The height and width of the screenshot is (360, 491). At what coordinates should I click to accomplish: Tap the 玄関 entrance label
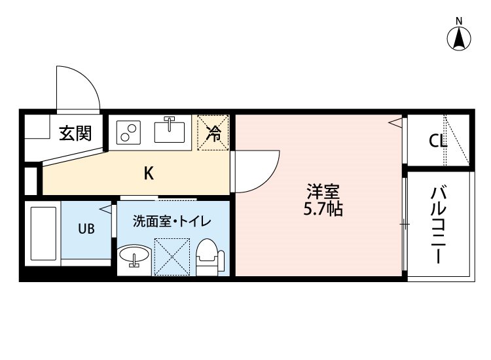75,133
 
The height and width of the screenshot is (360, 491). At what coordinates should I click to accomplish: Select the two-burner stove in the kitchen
128,132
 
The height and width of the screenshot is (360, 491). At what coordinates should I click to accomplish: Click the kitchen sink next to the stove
170,130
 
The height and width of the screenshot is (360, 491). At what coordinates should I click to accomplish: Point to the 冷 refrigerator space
213,133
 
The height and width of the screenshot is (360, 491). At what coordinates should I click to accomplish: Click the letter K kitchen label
149,173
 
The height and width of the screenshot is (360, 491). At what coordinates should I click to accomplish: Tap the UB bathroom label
86,229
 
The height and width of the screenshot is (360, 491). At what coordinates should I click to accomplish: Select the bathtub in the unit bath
43,233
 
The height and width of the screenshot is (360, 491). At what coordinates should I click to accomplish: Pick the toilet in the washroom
210,257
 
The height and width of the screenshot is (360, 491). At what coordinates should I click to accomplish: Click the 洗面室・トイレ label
172,221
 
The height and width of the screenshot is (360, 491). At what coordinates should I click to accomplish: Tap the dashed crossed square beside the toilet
172,257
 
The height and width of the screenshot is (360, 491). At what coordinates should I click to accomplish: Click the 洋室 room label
323,192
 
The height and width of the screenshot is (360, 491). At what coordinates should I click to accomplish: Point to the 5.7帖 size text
323,209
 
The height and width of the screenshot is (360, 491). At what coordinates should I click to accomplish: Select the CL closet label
438,141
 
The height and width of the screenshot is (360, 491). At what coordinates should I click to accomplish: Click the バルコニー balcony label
439,225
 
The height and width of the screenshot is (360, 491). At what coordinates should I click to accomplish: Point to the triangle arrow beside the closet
395,122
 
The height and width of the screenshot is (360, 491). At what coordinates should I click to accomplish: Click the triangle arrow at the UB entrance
106,209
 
